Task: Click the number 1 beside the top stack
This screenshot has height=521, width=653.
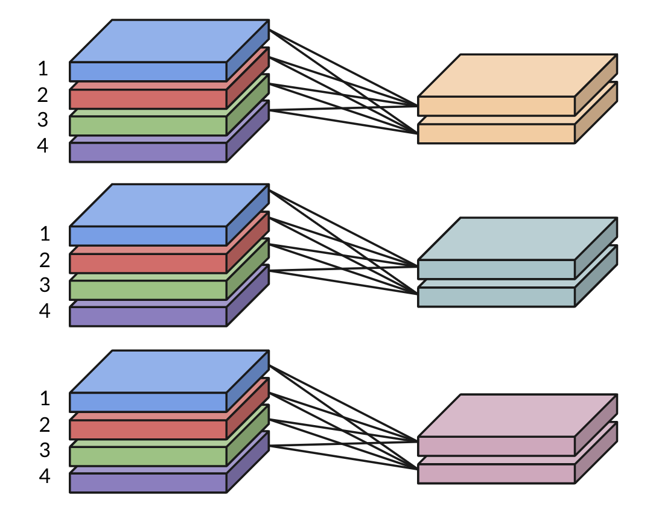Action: (43, 69)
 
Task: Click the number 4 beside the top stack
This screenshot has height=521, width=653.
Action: (43, 146)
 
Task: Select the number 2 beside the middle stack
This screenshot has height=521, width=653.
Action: (44, 260)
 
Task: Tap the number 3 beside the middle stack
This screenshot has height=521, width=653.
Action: (44, 285)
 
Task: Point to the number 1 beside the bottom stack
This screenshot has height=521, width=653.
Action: (44, 398)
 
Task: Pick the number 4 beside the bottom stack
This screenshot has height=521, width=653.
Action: (44, 476)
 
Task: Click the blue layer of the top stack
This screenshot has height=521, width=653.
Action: (169, 41)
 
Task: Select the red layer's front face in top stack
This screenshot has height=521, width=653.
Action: (148, 99)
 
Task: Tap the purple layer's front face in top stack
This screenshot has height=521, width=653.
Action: (148, 152)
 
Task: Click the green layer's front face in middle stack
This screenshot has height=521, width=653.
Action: (148, 290)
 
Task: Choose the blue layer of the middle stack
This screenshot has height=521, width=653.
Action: (169, 206)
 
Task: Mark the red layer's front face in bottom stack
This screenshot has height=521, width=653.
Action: (148, 429)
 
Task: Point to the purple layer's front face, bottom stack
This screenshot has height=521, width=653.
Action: (148, 482)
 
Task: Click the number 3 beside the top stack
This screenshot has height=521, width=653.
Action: (43, 119)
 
